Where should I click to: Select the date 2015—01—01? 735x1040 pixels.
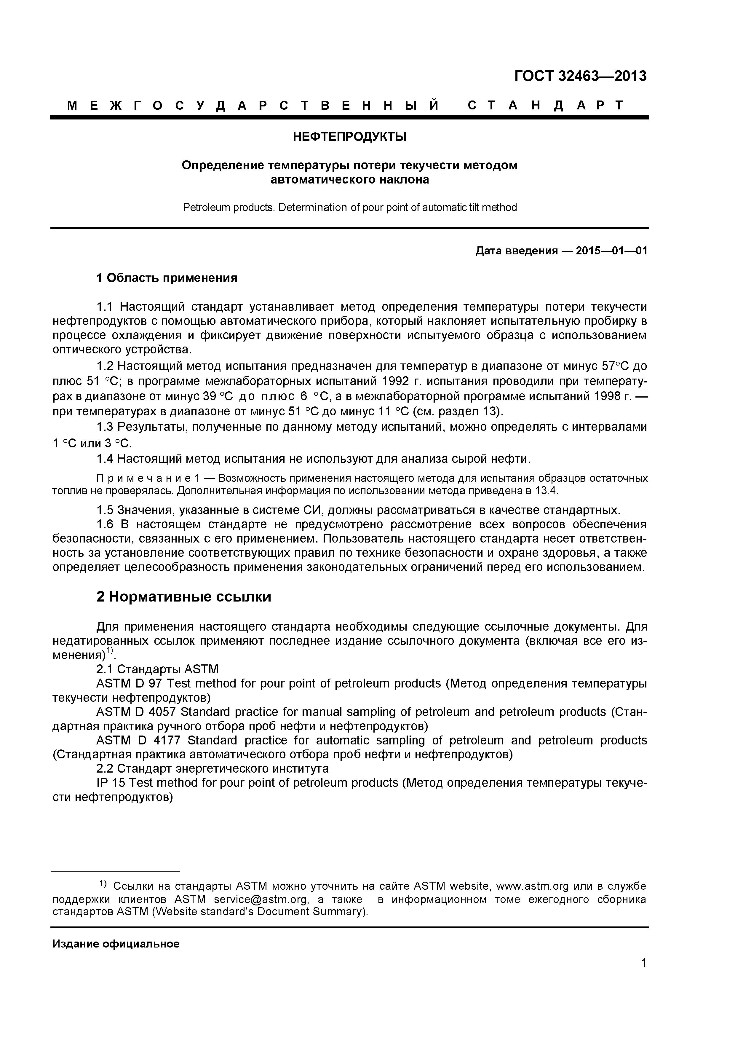(611, 251)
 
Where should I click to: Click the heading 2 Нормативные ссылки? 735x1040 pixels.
(183, 597)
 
